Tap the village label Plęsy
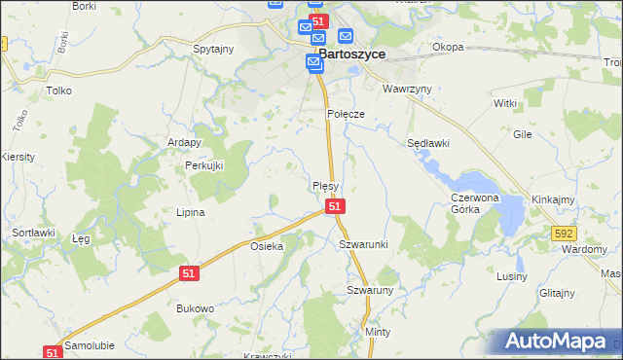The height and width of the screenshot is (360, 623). (325, 185)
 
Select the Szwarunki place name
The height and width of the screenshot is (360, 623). (363, 243)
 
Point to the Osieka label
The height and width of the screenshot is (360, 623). (267, 246)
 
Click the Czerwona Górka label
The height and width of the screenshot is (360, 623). (474, 202)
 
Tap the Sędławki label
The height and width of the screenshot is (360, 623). (427, 143)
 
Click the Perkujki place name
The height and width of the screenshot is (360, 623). (204, 165)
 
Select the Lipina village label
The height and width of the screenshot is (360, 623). (189, 212)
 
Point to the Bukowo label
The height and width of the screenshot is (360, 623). (195, 307)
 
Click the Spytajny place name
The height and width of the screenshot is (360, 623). (213, 48)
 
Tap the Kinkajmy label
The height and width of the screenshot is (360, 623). (552, 198)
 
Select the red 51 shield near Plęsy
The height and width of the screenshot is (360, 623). (334, 206)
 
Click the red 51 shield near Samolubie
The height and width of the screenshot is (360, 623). (53, 352)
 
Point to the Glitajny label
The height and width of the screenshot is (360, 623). (557, 292)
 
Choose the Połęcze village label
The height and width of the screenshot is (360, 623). (345, 114)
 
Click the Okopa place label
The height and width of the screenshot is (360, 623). (448, 47)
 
